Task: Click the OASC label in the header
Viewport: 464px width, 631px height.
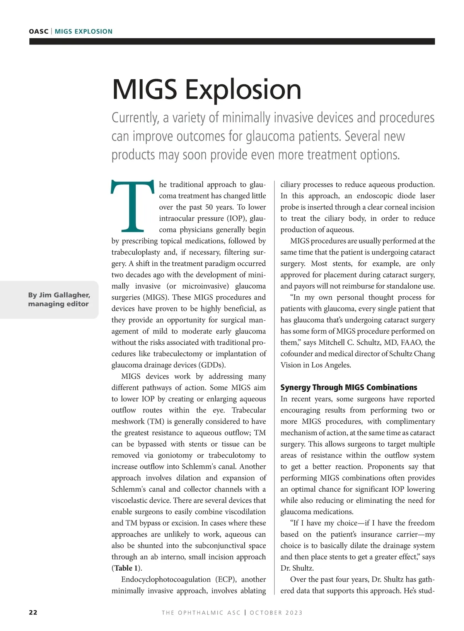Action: pyautogui.click(x=38, y=31)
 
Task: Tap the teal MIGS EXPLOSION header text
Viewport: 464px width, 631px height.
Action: pyautogui.click(x=84, y=31)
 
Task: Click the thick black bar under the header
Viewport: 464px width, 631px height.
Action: pyautogui.click(x=232, y=41)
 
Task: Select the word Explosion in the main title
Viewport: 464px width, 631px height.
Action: pyautogui.click(x=243, y=89)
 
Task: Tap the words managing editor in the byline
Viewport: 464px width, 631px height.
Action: pyautogui.click(x=58, y=304)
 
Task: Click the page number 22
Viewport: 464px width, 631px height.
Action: pyautogui.click(x=33, y=612)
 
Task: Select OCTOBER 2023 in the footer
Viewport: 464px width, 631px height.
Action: pyautogui.click(x=276, y=612)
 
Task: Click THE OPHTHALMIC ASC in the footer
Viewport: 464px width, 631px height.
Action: pyautogui.click(x=201, y=612)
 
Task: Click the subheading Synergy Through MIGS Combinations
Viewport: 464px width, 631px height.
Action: pyautogui.click(x=348, y=387)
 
